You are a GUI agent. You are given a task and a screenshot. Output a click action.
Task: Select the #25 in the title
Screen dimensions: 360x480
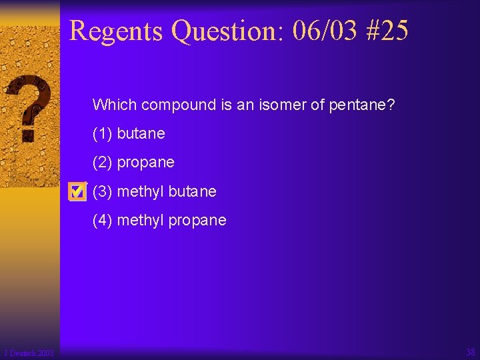(x=386, y=31)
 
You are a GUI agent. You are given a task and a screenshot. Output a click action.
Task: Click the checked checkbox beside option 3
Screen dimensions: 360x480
(x=77, y=192)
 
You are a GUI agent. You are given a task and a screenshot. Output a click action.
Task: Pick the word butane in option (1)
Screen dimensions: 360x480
(x=141, y=133)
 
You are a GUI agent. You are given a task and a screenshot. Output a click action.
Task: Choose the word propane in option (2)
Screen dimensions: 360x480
(x=145, y=163)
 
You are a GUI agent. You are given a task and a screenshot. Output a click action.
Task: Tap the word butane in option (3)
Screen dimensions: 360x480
(x=193, y=191)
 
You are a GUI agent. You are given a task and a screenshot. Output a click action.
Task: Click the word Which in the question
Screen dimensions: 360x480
(x=115, y=105)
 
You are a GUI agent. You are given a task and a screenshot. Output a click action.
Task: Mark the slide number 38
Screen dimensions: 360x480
(x=471, y=352)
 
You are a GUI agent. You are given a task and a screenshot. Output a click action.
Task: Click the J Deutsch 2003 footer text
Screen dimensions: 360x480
(x=29, y=353)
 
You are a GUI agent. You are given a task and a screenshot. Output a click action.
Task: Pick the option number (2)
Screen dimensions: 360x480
(x=103, y=163)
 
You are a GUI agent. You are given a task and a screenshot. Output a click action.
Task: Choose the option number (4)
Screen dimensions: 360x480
(x=103, y=220)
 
